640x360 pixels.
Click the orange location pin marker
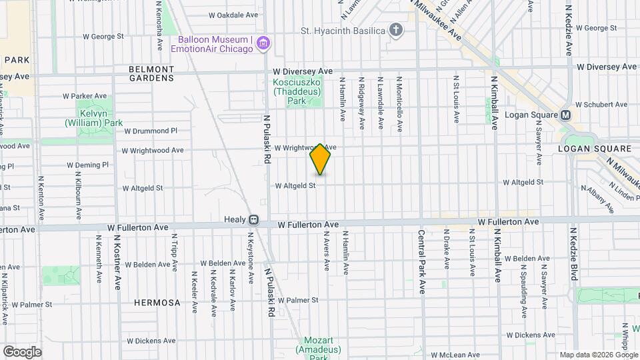321,159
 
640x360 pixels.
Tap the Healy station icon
254,219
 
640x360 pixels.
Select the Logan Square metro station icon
566,115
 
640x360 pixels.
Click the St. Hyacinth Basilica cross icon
396,31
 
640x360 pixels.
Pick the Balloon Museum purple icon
263,44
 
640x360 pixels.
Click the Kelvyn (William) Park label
94,119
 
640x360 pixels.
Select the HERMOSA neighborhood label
157,303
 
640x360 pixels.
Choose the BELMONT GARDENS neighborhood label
151,73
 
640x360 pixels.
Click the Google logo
22,351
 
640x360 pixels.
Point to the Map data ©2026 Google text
598,355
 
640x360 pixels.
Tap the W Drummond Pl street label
151,131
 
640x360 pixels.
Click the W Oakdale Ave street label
233,14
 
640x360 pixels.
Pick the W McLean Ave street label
456,355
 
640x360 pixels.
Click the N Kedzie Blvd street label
573,255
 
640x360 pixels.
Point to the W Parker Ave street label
85,96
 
